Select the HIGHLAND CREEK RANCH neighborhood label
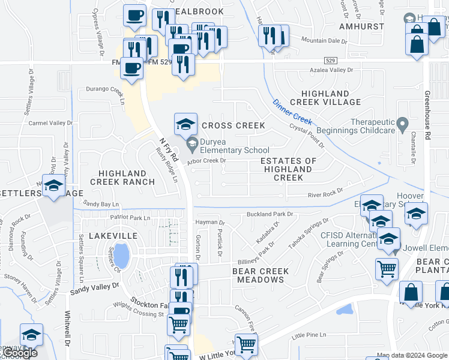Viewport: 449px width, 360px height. pos(122,177)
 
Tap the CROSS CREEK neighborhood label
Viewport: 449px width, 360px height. pos(234,125)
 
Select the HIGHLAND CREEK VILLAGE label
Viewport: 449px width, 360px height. pos(325,98)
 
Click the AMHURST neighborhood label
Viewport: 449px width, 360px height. pos(361,27)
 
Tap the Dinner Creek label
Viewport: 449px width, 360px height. pos(292,112)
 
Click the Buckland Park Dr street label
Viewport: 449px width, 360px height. pos(270,214)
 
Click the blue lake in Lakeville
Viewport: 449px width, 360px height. pos(121,256)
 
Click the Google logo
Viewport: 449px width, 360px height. pos(20,353)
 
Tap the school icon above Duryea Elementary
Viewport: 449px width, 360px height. pos(185,124)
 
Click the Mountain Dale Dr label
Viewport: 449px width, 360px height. pos(325,41)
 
